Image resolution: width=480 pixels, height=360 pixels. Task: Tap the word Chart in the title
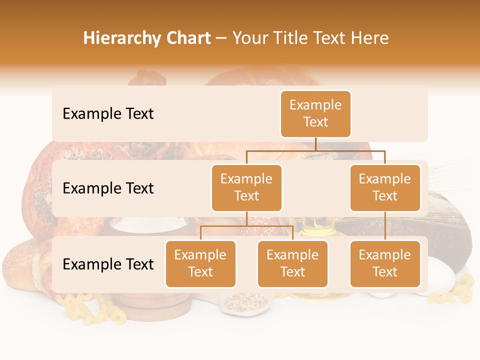[x=186, y=38]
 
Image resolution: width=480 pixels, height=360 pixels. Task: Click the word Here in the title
[x=370, y=38]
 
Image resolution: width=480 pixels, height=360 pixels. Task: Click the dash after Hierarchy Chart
[x=221, y=39]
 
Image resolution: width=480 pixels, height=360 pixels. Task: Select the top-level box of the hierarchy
[x=315, y=113]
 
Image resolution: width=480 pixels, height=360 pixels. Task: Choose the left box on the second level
[x=246, y=187]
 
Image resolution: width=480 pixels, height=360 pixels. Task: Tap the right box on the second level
[x=385, y=187]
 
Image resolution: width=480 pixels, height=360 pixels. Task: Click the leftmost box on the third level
[x=200, y=263]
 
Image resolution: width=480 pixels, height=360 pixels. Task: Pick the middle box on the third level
[x=292, y=263]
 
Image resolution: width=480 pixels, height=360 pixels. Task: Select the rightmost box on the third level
[x=385, y=263]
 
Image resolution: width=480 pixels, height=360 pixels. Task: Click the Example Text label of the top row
[x=108, y=114]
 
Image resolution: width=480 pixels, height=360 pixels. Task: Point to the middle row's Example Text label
[x=108, y=188]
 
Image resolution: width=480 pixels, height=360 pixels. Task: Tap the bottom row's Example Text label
[x=108, y=264]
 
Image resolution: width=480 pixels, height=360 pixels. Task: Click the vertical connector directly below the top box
[x=315, y=144]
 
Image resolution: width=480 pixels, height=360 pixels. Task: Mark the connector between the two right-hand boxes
[x=385, y=226]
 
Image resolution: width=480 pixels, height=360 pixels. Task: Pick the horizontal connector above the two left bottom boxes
[x=246, y=226]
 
